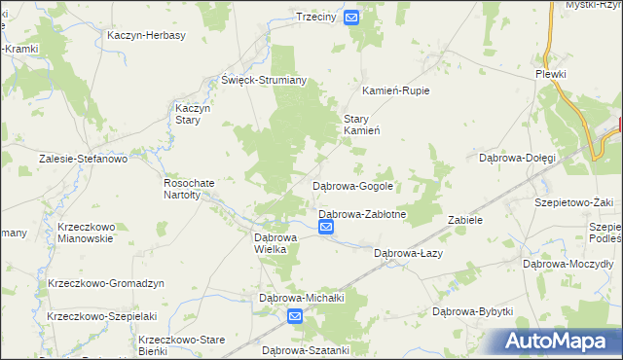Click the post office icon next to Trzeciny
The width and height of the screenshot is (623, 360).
[x=351, y=18]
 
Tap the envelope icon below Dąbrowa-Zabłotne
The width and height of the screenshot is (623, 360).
[x=326, y=228]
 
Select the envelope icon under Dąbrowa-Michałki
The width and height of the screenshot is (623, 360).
[x=296, y=315]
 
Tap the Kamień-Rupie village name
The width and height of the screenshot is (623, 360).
[x=395, y=90]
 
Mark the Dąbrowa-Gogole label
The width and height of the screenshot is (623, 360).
[x=351, y=185]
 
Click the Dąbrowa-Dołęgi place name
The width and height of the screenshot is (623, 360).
[x=517, y=158]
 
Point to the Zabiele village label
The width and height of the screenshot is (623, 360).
[x=465, y=220]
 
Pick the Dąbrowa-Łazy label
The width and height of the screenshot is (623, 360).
[x=409, y=253]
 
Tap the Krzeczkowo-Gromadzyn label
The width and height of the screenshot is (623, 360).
[x=106, y=283]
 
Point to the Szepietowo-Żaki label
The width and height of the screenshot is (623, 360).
[x=573, y=202]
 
